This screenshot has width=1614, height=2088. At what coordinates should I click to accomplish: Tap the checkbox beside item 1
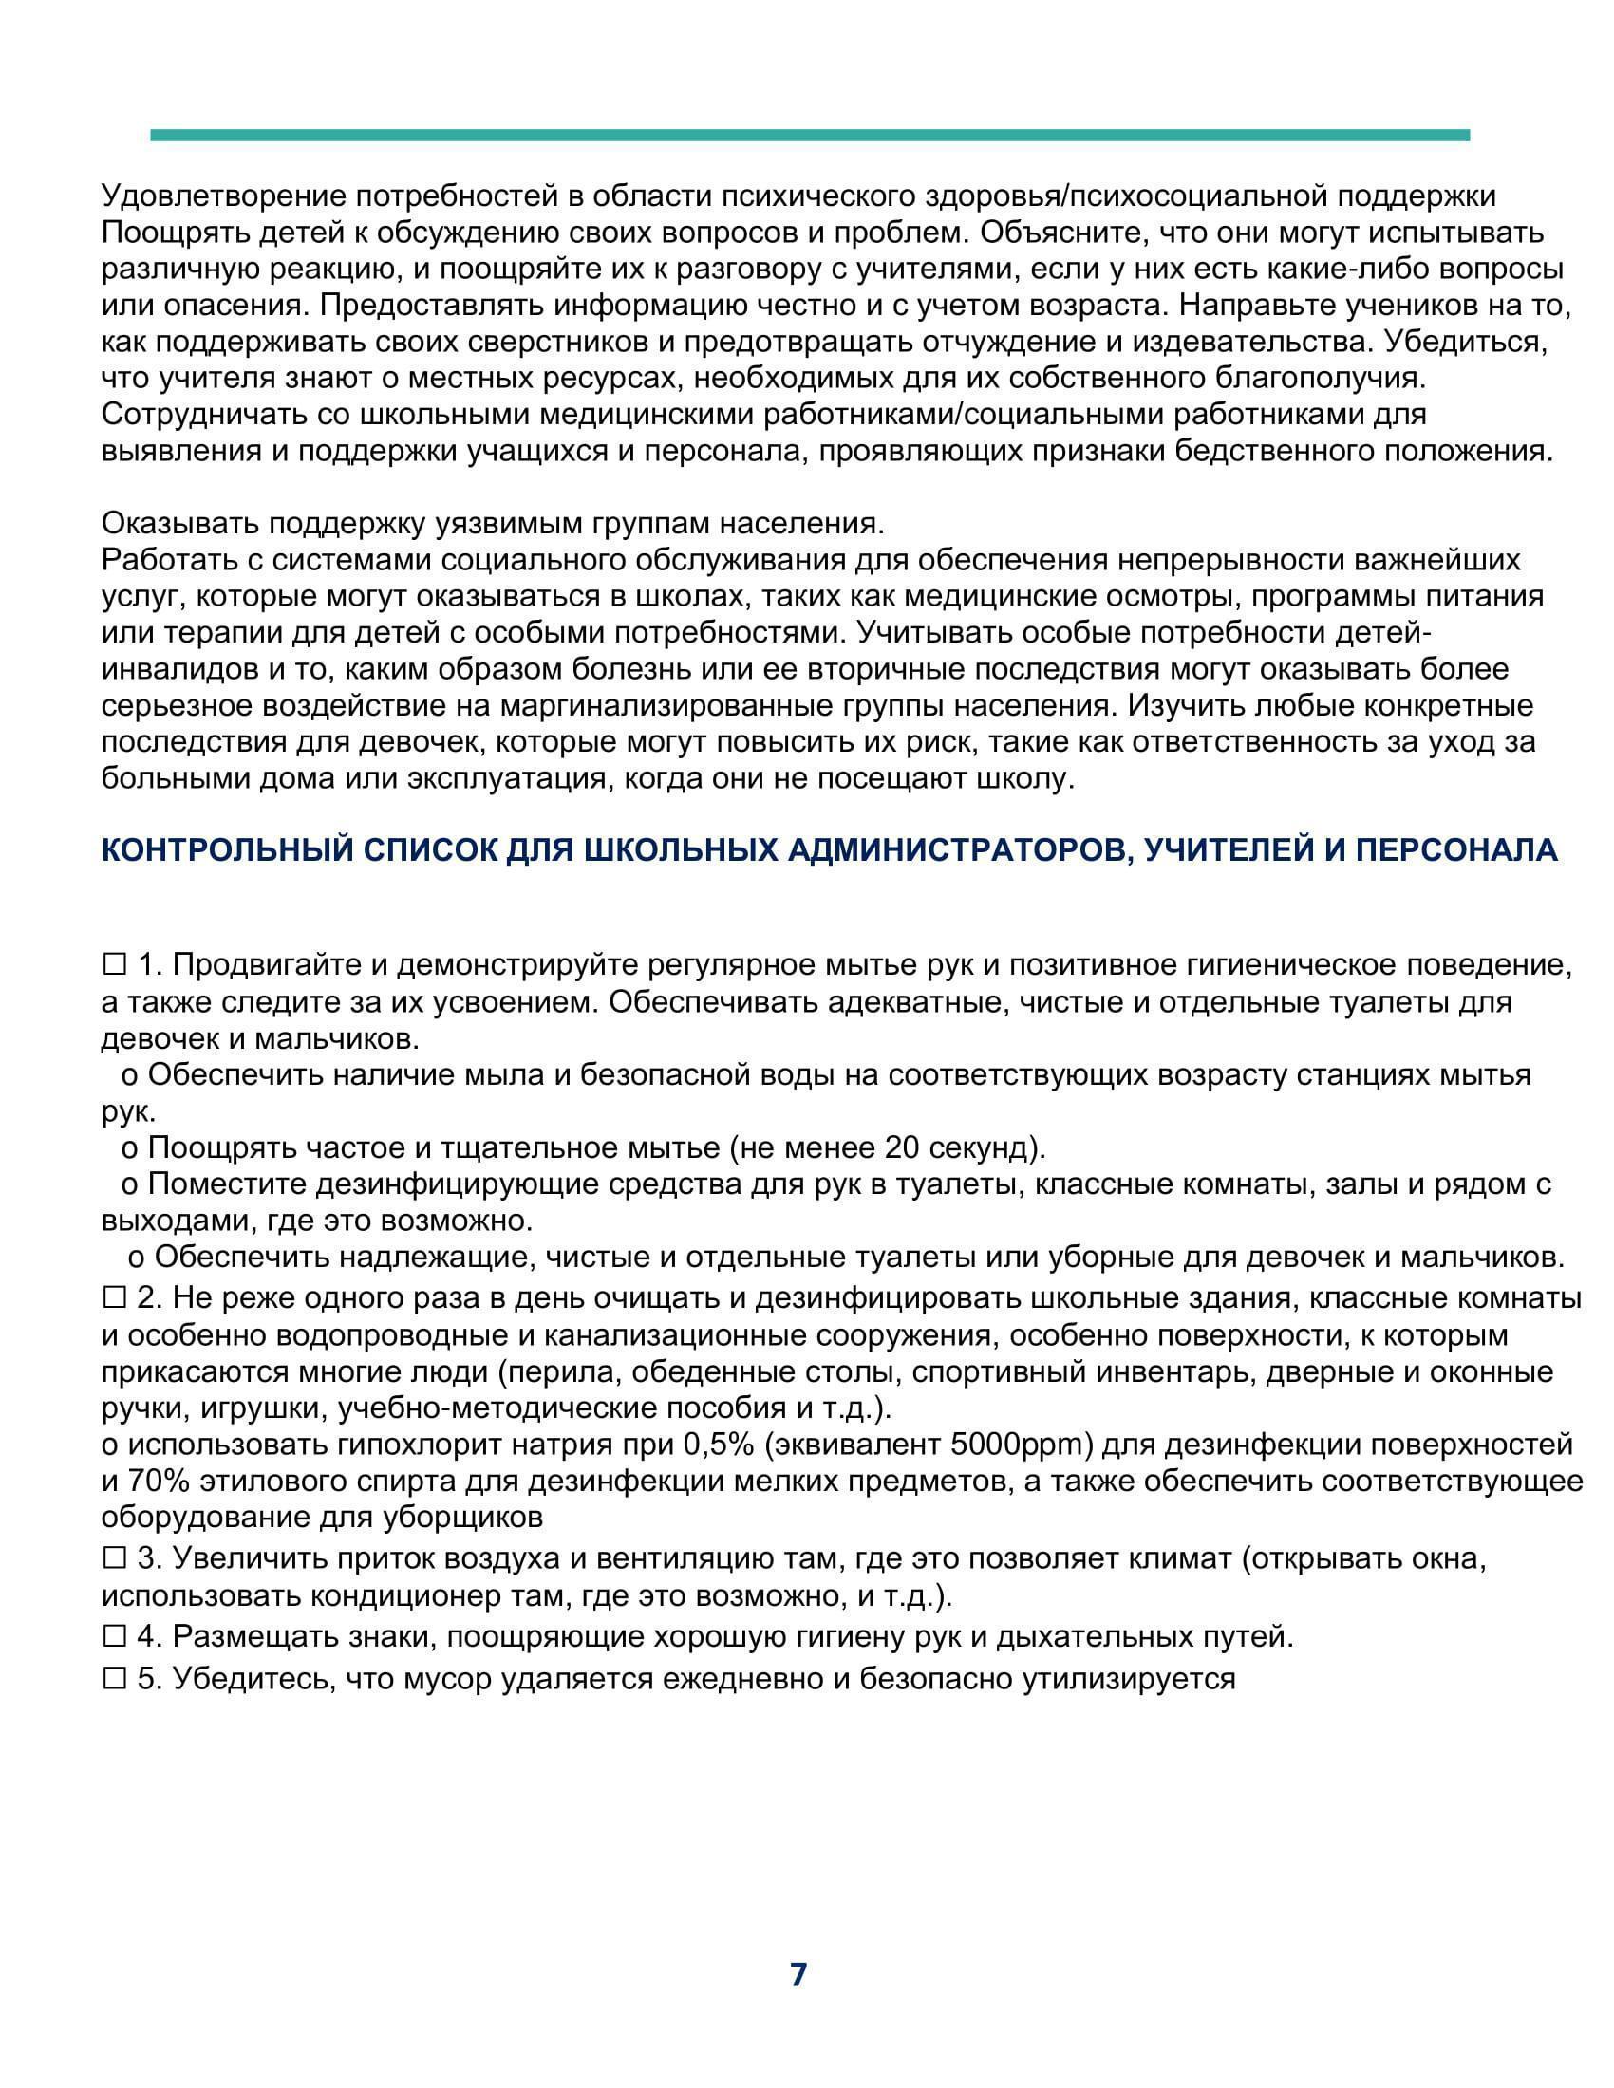tap(115, 965)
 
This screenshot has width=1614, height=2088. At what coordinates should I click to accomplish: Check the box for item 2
tap(115, 1297)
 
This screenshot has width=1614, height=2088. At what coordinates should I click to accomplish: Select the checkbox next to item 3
tap(115, 1558)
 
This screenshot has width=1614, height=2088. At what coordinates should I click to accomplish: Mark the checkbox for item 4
tap(115, 1637)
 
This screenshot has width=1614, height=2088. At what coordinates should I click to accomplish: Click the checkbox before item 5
tap(115, 1679)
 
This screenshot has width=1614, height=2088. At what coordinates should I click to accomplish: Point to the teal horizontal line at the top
tap(809, 136)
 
